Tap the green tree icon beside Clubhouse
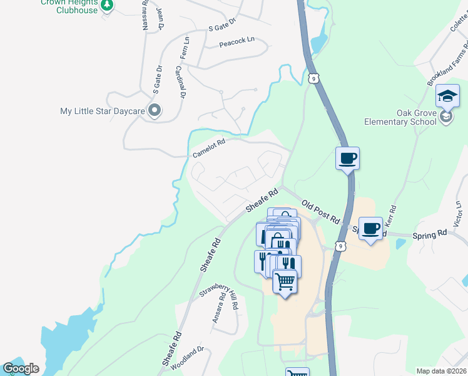coord(108,6)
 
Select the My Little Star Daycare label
coord(102,111)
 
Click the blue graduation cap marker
coord(448,96)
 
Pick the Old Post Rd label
coord(320,212)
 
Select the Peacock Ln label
coord(237,43)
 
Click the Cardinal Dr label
coord(180,82)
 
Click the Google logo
coord(21,368)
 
